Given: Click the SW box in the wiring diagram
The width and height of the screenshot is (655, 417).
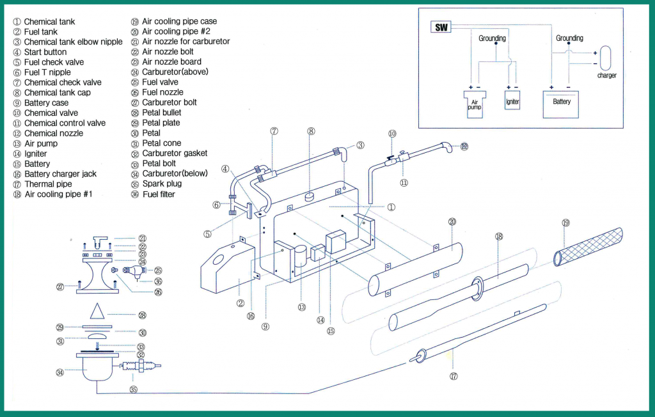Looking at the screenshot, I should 441,28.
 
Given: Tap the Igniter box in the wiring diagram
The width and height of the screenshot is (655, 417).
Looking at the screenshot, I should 512,101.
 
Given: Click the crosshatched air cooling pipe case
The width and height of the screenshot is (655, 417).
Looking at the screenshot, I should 589,241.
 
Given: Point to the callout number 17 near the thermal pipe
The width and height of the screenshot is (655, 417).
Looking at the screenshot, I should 454,376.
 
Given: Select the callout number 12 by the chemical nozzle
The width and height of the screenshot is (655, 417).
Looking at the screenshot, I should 464,146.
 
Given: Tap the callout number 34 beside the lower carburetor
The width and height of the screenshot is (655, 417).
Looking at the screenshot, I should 60,372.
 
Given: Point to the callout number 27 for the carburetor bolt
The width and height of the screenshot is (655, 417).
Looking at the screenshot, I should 61,287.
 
